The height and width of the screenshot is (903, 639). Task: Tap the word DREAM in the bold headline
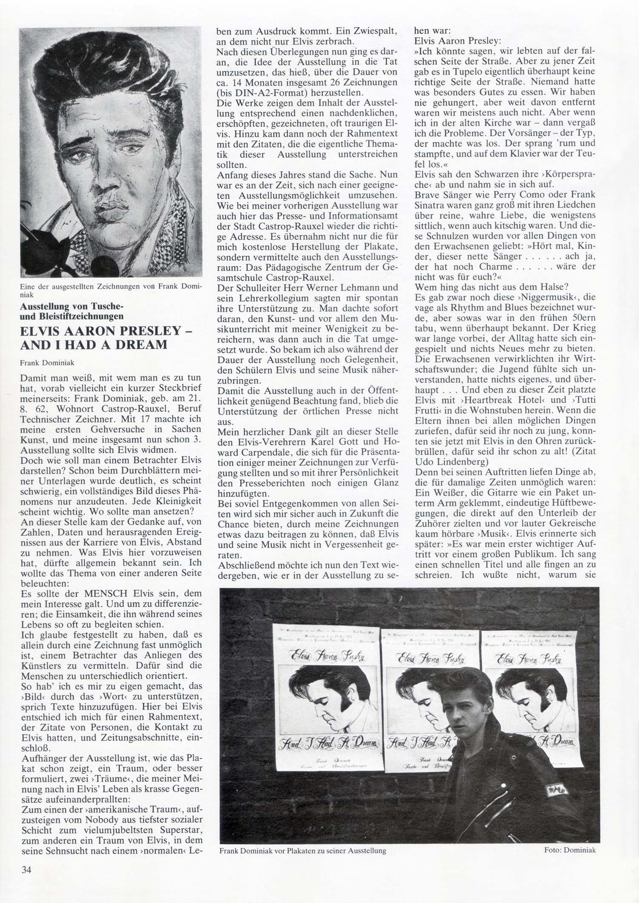pos(143,344)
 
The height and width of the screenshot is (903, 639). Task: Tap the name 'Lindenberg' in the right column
pos(456,461)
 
